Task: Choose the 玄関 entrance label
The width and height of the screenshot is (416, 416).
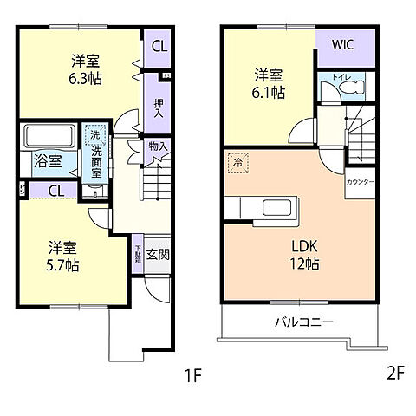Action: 158,253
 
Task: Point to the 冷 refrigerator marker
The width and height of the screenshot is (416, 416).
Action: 237,160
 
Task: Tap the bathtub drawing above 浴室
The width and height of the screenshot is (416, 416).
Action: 49,138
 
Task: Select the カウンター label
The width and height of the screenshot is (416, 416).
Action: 360,183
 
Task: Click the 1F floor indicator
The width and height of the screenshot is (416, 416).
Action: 192,376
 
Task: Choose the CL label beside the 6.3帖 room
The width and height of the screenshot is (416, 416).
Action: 159,47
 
